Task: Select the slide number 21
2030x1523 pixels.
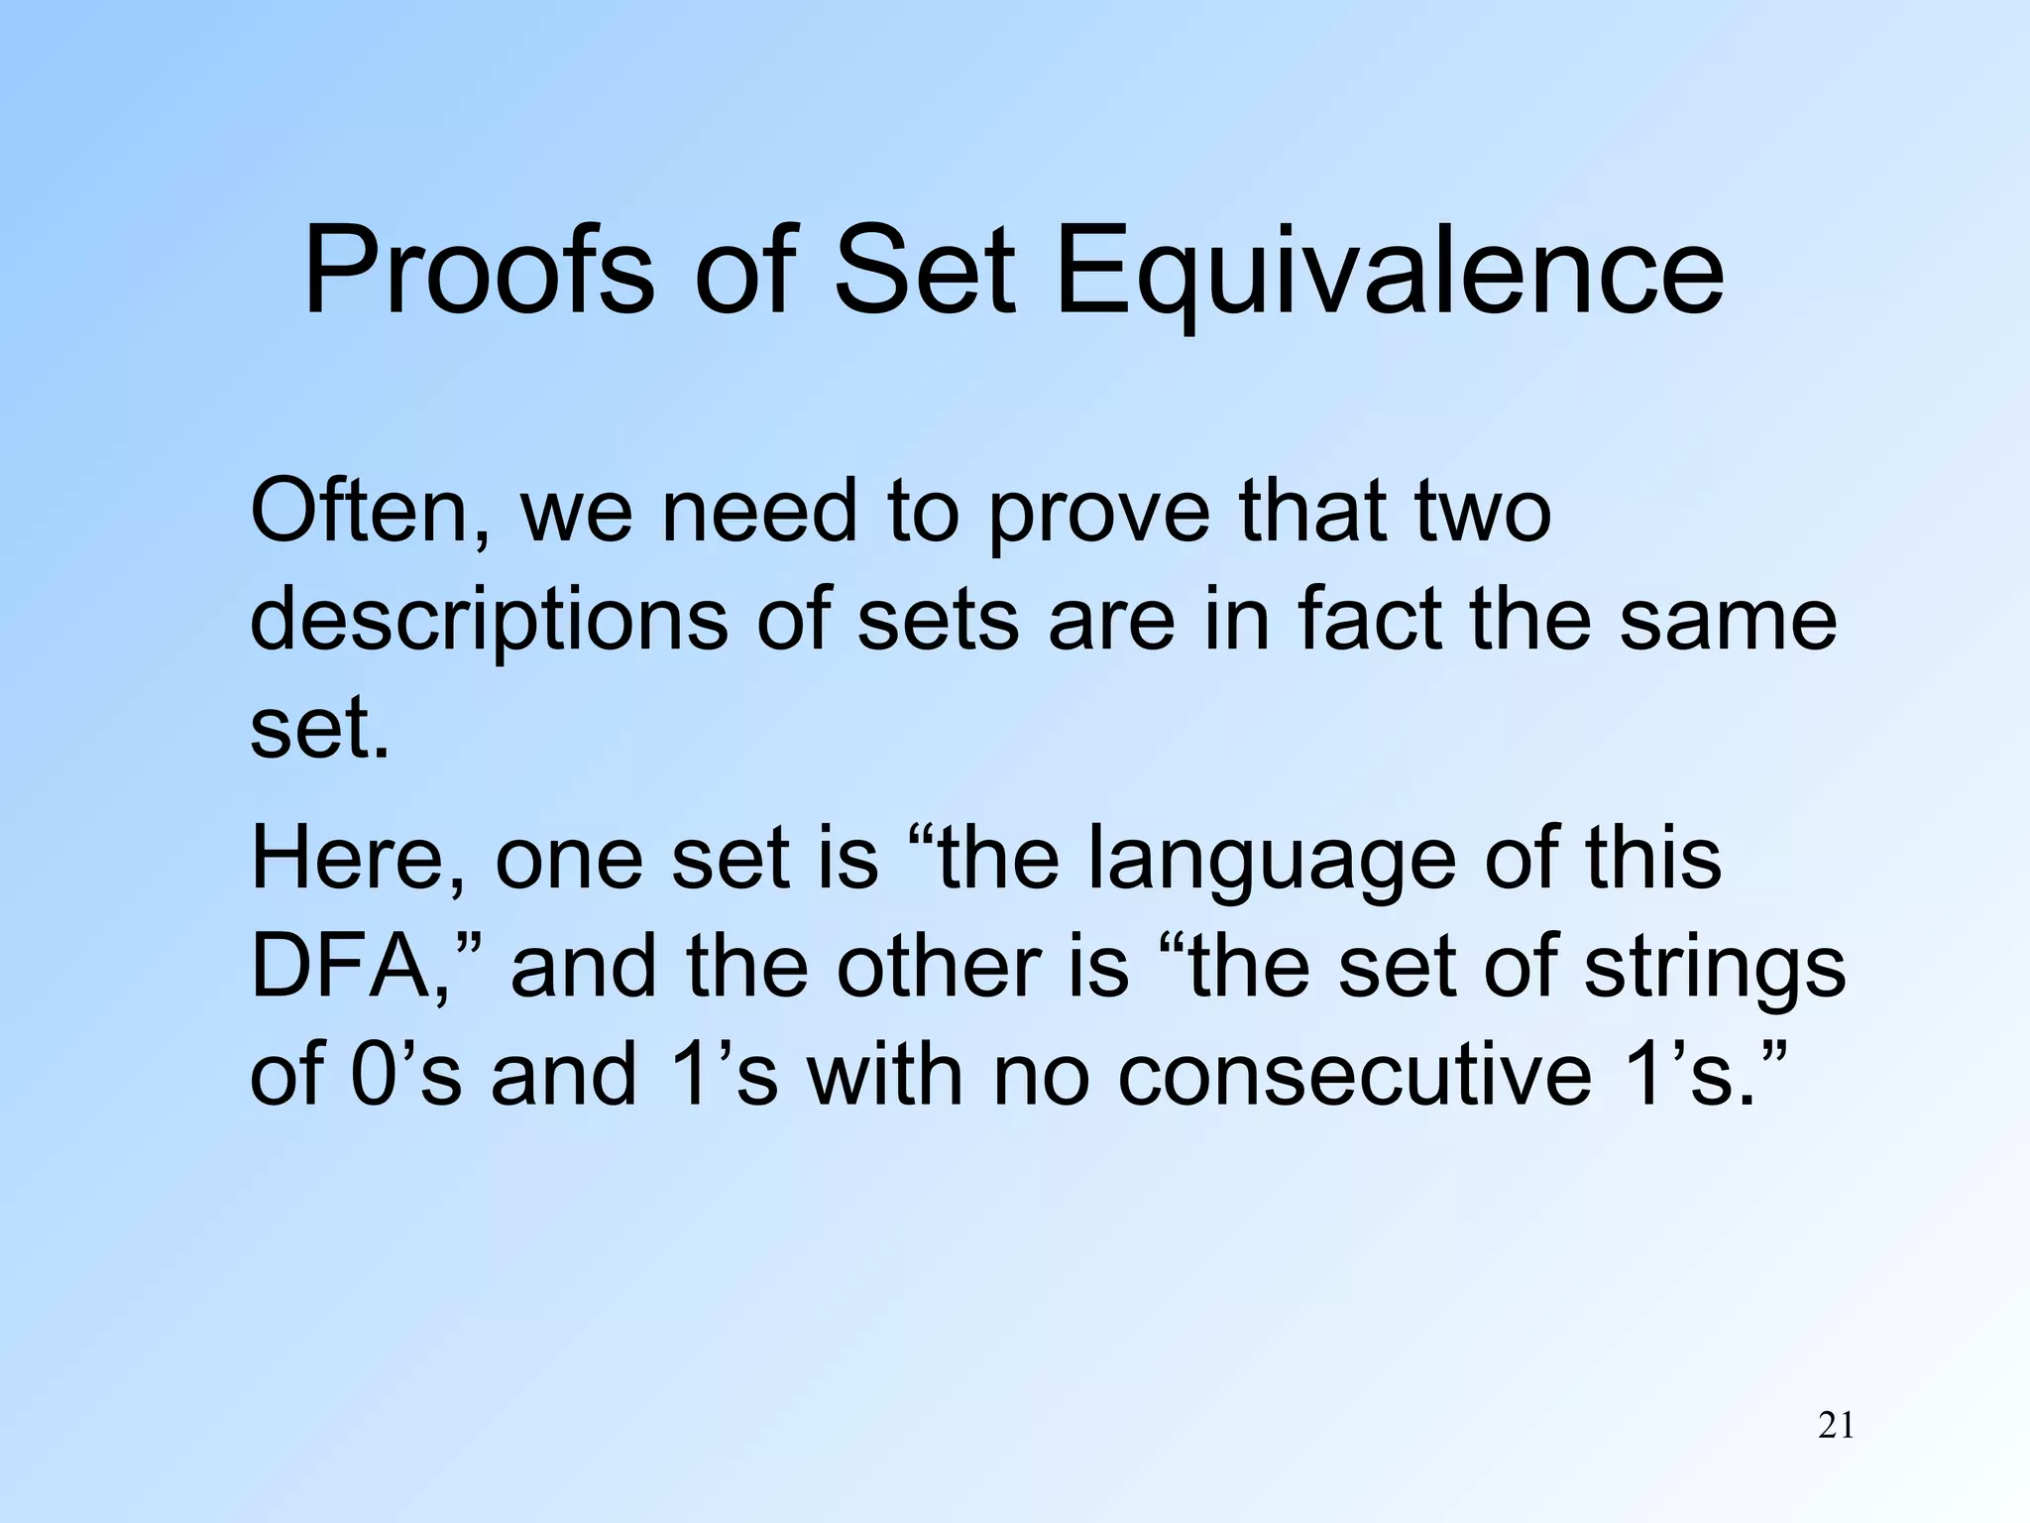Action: pos(1836,1426)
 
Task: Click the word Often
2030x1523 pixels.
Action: pos(371,513)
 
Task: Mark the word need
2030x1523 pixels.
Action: pos(759,513)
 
